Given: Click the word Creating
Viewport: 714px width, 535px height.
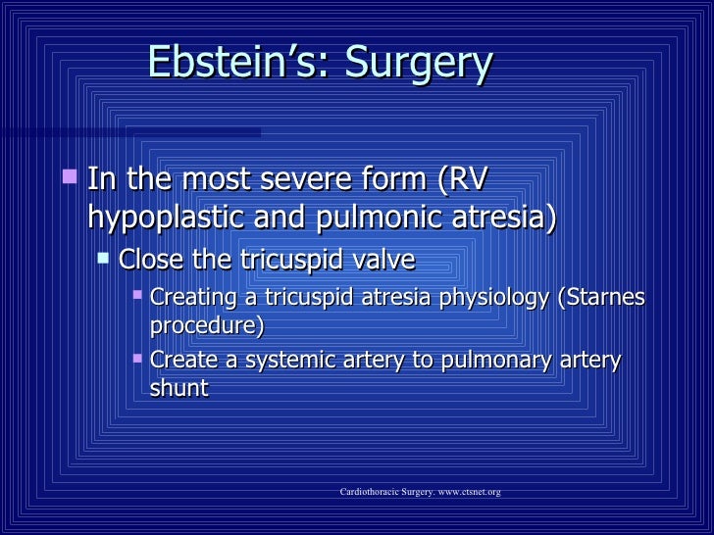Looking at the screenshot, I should point(193,297).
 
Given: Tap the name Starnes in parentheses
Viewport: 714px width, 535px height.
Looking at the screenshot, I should point(604,297).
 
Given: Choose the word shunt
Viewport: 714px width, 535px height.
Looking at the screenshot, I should point(178,388).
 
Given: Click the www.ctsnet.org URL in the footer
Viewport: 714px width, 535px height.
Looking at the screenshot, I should point(462,491).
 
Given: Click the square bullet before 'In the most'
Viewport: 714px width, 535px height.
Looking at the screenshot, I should point(68,178).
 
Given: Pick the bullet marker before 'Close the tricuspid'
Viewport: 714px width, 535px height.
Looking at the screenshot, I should point(103,258).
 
